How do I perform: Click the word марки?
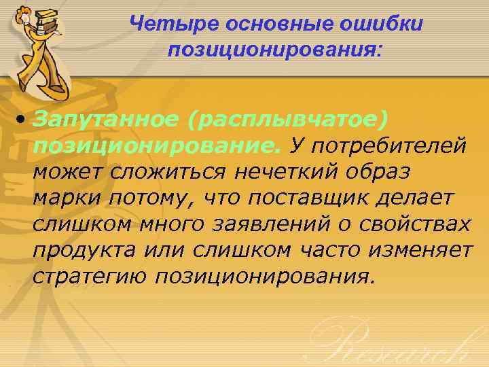point(62,198)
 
